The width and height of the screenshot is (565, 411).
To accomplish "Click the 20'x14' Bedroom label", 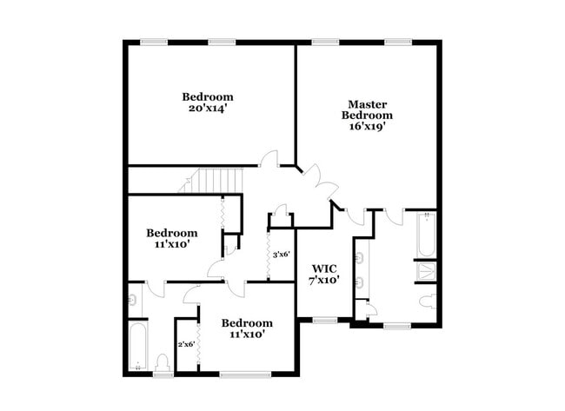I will coord(207,103).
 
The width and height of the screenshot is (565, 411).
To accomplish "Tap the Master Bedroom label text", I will coord(366,109).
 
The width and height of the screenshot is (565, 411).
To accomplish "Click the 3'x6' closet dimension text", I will coord(281,255).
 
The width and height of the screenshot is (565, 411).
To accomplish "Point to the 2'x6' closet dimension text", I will coord(187,344).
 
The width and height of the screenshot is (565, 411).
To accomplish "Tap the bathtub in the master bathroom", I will coord(425,235).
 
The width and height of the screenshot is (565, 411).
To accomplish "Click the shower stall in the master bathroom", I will coord(425,271).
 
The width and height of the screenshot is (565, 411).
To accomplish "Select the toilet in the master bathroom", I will coord(427,302).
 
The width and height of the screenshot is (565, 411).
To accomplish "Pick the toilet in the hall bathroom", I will coord(162,361).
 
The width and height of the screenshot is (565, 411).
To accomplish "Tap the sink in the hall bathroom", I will coord(132,300).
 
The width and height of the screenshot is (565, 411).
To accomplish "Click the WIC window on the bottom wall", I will coord(324,321).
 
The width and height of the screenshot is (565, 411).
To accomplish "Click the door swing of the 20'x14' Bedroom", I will coord(269,159).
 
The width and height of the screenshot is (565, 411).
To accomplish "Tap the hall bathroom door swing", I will coord(154,288).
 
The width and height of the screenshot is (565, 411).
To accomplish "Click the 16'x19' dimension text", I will coord(366,126).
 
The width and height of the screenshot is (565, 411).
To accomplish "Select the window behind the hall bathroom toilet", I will coord(162,375).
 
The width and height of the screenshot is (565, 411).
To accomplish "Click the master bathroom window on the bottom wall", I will coord(396,326).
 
